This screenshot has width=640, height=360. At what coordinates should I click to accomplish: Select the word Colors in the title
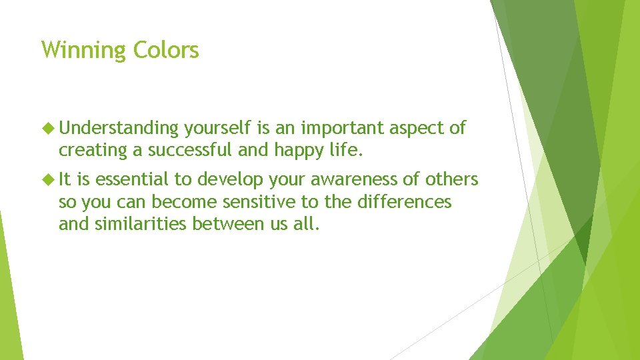coord(166,50)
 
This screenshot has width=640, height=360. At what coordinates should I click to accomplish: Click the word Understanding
coord(122,129)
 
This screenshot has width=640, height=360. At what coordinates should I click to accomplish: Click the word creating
coord(93,151)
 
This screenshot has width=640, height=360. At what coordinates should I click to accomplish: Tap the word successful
coord(191,151)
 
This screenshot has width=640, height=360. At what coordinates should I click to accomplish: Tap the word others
coord(454,180)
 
